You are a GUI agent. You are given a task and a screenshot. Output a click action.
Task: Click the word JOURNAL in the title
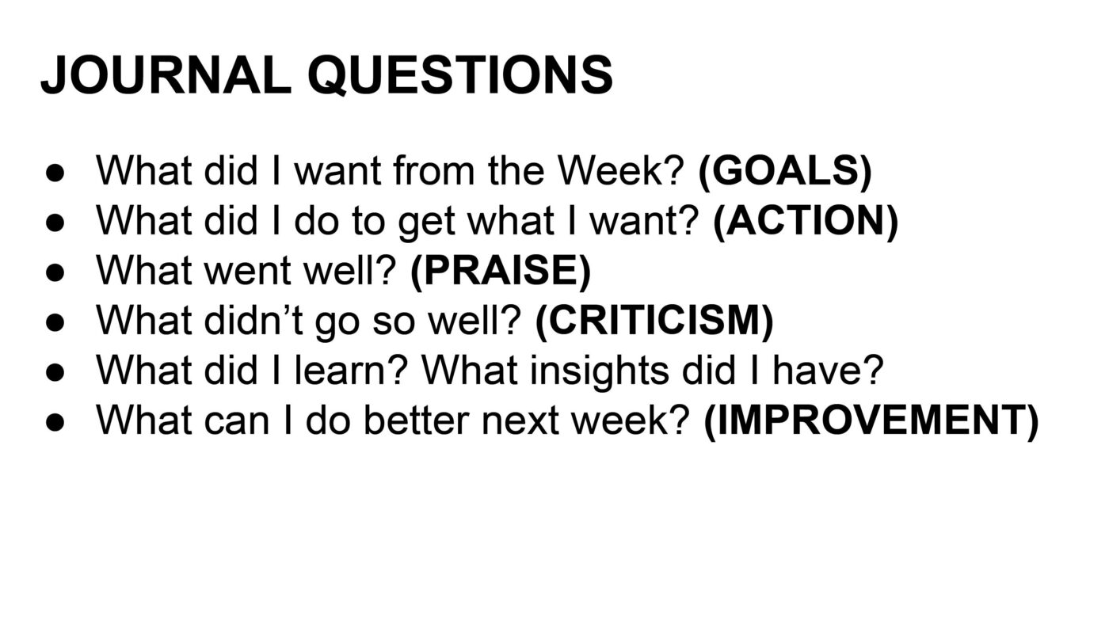point(166,74)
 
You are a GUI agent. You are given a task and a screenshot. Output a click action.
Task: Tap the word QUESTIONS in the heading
point(460,74)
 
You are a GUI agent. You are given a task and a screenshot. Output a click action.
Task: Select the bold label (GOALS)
point(785,171)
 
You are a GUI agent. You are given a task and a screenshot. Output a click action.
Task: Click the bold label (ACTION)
point(806,221)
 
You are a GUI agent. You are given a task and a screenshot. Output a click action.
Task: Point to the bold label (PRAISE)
point(501,271)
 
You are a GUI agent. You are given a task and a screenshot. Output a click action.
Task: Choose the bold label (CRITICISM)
point(654,321)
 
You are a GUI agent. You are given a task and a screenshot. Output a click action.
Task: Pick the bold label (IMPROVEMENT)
point(871,420)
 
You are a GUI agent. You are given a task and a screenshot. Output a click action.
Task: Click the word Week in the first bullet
point(614,171)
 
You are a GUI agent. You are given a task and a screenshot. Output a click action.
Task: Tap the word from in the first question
point(434,171)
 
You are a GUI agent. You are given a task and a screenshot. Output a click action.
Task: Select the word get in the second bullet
point(426,223)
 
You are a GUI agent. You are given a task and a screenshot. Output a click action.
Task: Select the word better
point(417,420)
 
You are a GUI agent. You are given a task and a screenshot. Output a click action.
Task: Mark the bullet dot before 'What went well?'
point(55,272)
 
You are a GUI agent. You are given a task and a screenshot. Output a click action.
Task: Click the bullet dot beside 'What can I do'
point(55,422)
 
